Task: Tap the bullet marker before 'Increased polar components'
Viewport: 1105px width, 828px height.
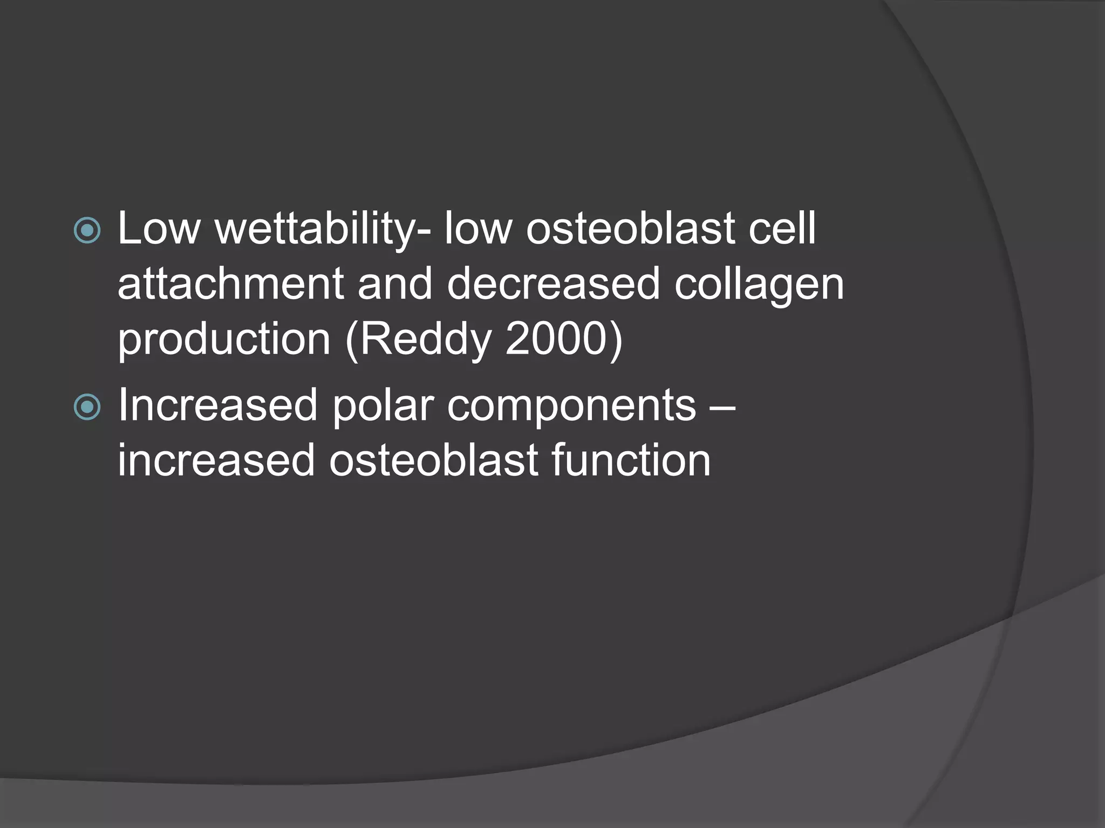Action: coord(87,407)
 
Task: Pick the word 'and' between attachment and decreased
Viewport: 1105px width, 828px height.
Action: coord(395,284)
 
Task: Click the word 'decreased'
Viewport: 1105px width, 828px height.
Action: coord(553,284)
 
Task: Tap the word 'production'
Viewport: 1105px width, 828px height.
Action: coord(224,341)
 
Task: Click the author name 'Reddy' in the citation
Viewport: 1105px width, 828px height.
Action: coord(425,341)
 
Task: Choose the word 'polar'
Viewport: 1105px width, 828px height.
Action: coord(383,405)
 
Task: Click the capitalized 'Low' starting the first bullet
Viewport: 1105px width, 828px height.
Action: coord(159,229)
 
